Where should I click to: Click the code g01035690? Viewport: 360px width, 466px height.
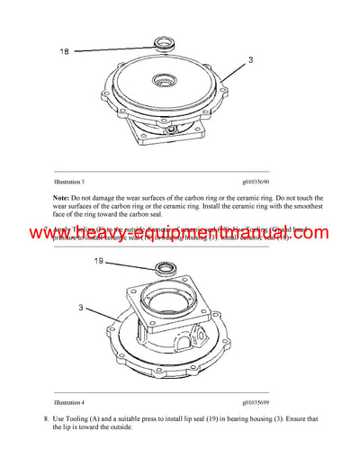(262, 181)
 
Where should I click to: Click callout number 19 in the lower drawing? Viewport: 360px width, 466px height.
(99, 262)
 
